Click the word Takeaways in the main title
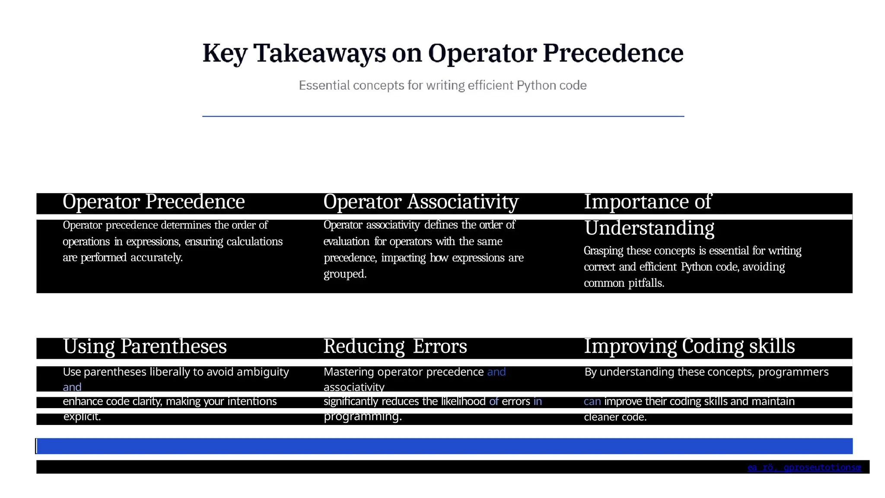[320, 54]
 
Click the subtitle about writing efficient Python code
[442, 86]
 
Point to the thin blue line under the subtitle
[442, 116]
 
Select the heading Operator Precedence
[153, 202]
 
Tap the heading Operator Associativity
[420, 202]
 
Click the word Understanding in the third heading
[649, 228]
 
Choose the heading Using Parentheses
[145, 347]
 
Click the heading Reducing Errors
[395, 347]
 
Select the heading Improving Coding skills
[689, 346]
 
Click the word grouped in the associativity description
[345, 274]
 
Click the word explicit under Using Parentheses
[82, 417]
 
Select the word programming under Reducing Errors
[363, 416]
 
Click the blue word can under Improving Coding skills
[592, 402]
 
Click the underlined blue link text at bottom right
[804, 467]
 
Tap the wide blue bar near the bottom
[442, 446]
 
